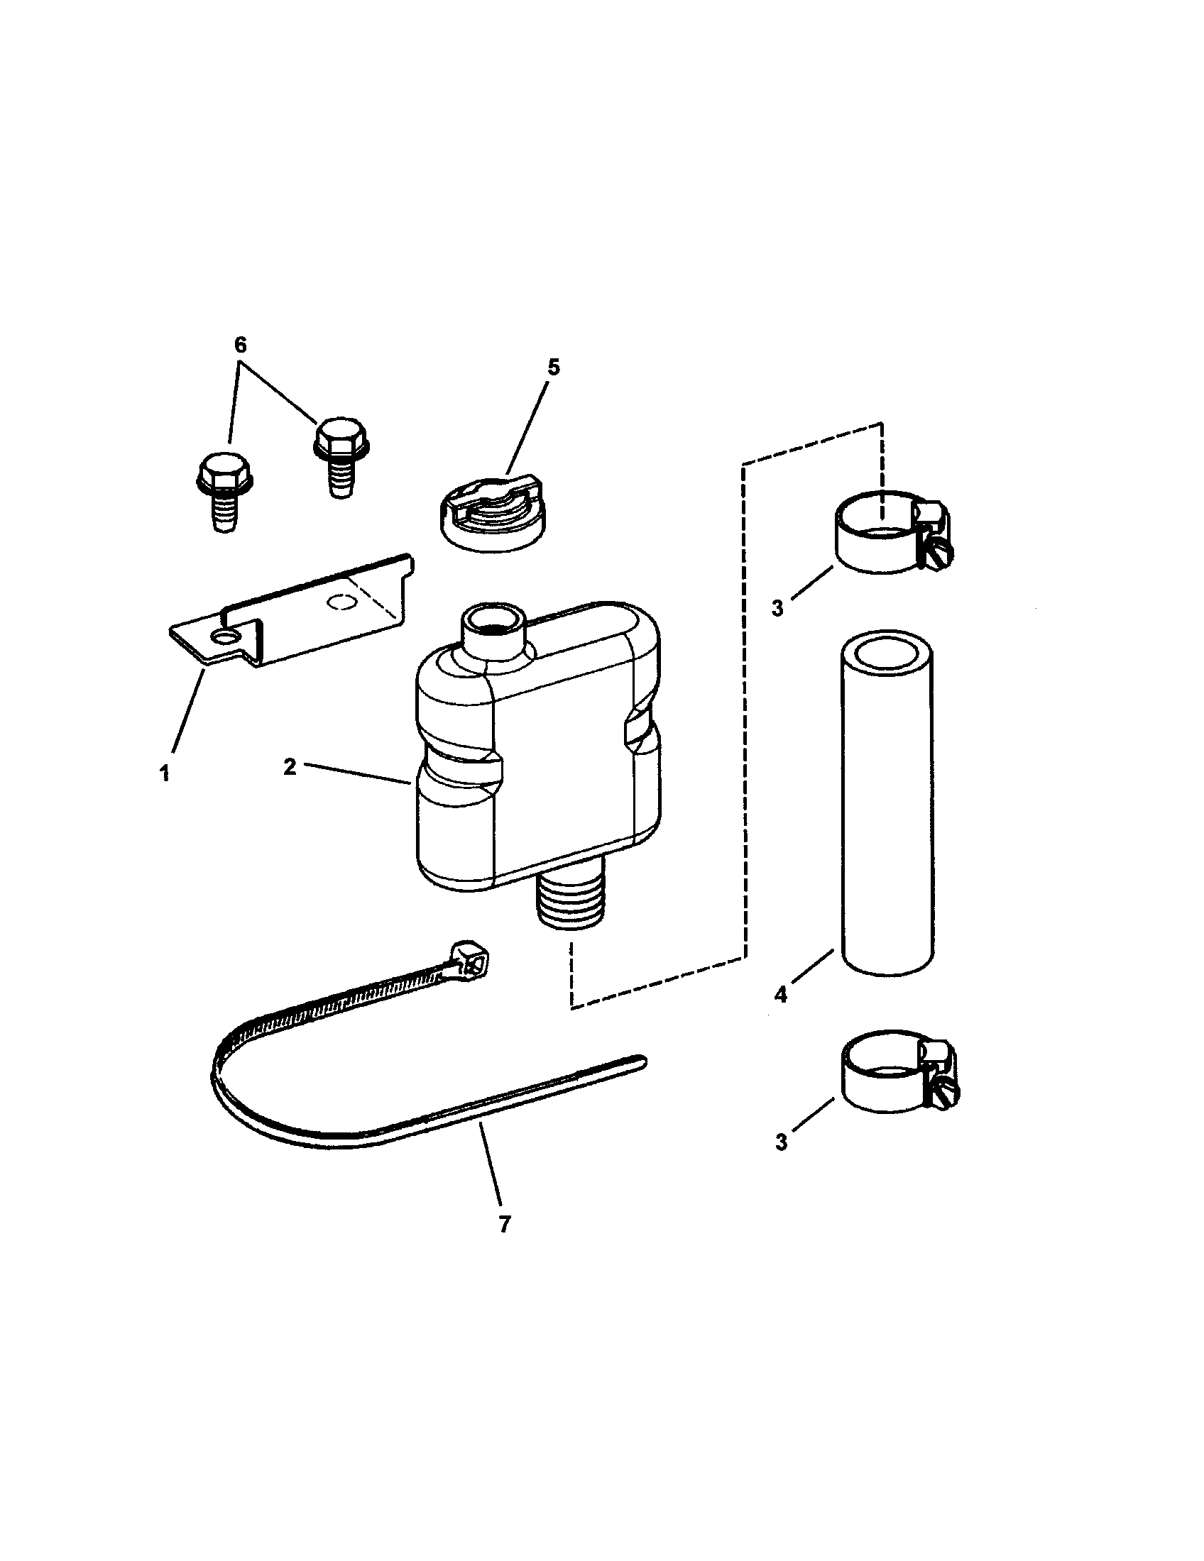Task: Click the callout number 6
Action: tap(240, 346)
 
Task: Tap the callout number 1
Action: tap(165, 773)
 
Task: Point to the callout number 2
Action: tap(290, 767)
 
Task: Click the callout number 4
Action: tap(781, 994)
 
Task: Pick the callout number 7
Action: tap(505, 1225)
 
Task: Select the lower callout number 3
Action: tap(781, 1142)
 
